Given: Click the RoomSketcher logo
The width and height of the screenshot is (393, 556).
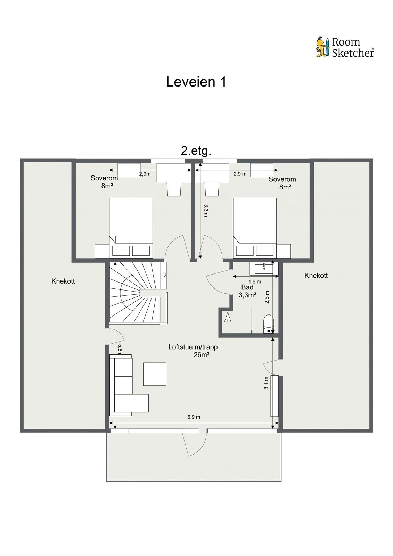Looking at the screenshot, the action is [x=345, y=47].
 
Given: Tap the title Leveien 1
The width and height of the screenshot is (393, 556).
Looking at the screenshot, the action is [x=196, y=82].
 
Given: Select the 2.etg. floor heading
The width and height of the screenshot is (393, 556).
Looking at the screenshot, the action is [x=196, y=151].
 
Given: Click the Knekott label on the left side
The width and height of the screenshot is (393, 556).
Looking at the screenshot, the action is [x=63, y=281].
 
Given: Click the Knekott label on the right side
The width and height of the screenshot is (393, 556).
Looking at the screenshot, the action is [x=316, y=275].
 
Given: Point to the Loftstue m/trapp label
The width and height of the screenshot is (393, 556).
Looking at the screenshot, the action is [x=193, y=347].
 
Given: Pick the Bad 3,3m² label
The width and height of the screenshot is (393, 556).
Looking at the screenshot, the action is [x=247, y=291].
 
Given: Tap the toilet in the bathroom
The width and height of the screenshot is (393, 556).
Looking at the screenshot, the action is [x=268, y=324].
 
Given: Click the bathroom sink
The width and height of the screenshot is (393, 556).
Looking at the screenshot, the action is [x=264, y=269].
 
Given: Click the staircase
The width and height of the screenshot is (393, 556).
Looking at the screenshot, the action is [x=138, y=293].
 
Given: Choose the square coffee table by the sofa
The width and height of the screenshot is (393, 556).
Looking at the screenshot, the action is [x=155, y=374].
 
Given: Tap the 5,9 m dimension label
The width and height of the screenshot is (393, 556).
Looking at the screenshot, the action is [x=194, y=417].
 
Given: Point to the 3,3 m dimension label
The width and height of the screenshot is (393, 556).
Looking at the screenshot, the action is [x=206, y=211].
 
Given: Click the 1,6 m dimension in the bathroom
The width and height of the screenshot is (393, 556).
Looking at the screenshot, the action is [x=255, y=281].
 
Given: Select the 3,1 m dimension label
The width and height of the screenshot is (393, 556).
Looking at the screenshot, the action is [x=266, y=383].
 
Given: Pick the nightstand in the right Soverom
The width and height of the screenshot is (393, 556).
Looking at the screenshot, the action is [x=284, y=251].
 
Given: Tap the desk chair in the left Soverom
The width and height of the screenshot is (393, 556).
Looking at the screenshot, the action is [x=174, y=189].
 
